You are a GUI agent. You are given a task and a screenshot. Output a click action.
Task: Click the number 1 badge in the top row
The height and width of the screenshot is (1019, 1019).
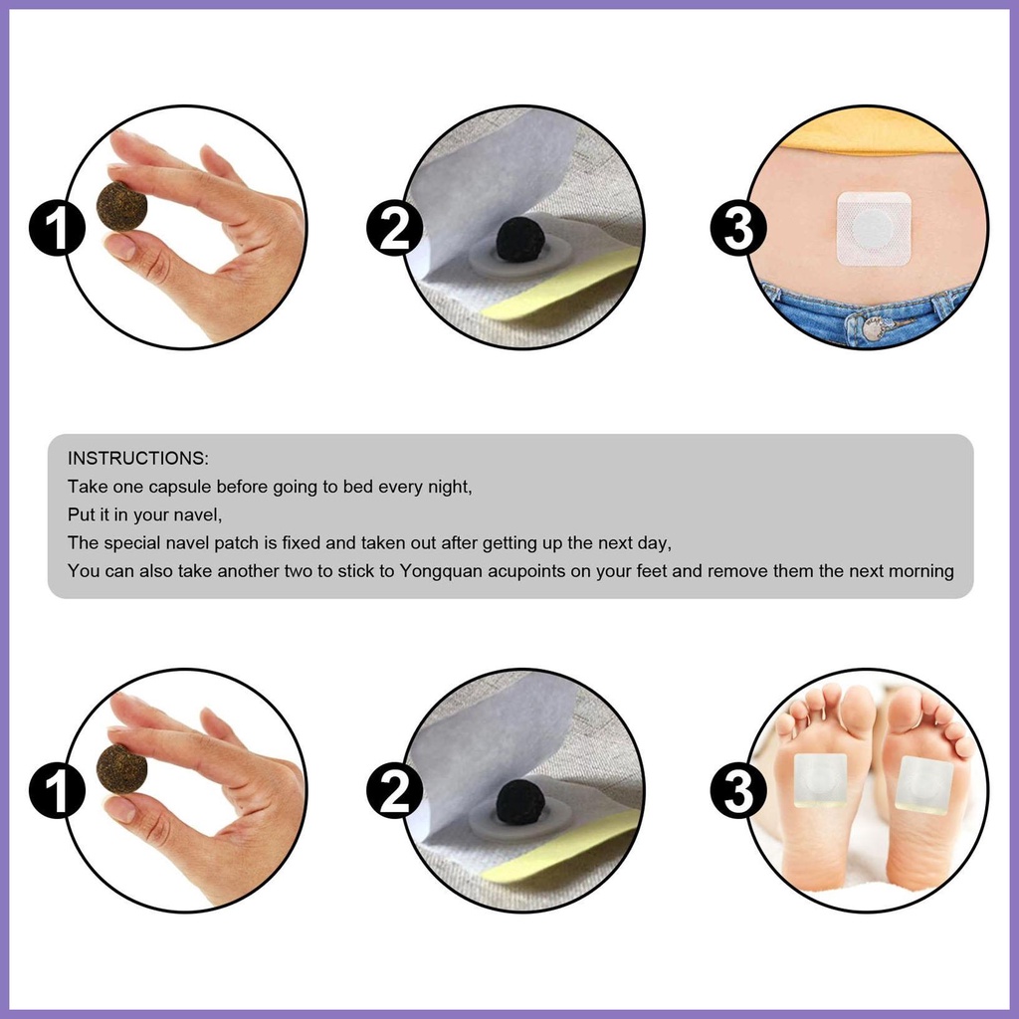(57, 228)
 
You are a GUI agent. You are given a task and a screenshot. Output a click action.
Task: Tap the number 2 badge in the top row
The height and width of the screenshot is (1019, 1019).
(394, 228)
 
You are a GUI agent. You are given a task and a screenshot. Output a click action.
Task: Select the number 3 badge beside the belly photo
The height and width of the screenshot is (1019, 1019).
(738, 228)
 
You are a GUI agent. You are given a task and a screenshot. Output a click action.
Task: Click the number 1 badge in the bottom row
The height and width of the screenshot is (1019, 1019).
(57, 791)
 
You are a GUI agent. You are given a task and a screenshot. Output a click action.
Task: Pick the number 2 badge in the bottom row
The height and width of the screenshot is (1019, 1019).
(394, 791)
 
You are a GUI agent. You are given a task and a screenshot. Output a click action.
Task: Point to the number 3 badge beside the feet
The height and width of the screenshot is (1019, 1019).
(738, 791)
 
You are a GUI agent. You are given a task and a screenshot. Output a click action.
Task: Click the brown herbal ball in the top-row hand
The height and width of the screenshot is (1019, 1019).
(121, 207)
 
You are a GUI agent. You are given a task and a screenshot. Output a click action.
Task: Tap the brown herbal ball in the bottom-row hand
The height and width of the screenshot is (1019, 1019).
(121, 770)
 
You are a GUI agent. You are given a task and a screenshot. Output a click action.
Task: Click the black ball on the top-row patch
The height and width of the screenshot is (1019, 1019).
(519, 240)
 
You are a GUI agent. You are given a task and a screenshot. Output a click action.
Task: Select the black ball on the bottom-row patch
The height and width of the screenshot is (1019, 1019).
(519, 803)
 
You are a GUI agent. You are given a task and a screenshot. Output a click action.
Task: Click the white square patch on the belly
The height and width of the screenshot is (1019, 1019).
(874, 229)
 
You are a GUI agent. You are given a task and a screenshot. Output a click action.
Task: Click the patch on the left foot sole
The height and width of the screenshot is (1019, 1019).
(820, 780)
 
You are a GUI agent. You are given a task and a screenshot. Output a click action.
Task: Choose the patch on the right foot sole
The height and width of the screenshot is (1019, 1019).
(924, 784)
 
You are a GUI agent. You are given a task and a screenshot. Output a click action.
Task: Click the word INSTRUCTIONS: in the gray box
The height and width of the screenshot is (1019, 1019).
(137, 458)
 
